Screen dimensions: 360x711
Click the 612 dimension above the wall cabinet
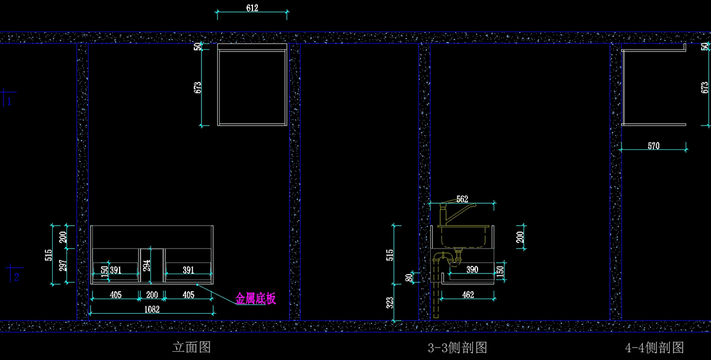(252, 8)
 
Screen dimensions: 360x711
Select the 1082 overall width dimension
(152, 308)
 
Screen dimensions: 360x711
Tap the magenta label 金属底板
(256, 299)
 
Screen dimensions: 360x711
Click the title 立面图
(191, 347)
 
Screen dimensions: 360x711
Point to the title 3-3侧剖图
(457, 347)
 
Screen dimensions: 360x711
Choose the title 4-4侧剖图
(654, 347)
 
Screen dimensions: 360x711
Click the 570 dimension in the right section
(654, 146)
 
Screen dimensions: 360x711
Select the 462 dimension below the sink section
(467, 294)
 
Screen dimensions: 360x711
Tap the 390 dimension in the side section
(472, 270)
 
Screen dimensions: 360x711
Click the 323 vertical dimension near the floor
(390, 303)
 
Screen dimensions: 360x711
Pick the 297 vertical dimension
(63, 266)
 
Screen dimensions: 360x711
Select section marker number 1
(9, 101)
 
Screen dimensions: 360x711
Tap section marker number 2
(17, 277)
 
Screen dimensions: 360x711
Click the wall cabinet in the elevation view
(252, 84)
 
